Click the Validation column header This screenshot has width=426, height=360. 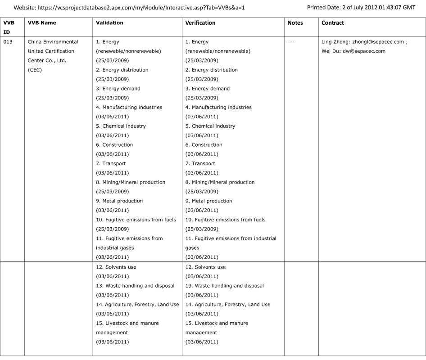click(109, 23)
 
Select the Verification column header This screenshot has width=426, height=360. click(200, 23)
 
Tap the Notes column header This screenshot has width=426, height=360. click(295, 23)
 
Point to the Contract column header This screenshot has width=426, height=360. click(333, 23)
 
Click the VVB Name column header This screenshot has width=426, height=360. click(42, 23)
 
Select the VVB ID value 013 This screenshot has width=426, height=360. click(9, 42)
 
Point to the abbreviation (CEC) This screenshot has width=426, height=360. click(35, 70)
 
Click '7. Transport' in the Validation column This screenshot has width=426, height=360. click(111, 163)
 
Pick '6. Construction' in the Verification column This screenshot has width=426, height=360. click(204, 145)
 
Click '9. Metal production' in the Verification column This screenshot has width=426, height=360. click(209, 201)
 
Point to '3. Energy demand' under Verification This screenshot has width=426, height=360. click(208, 89)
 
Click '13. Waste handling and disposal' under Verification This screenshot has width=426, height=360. click(225, 286)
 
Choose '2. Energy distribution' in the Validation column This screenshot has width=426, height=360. click(122, 70)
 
